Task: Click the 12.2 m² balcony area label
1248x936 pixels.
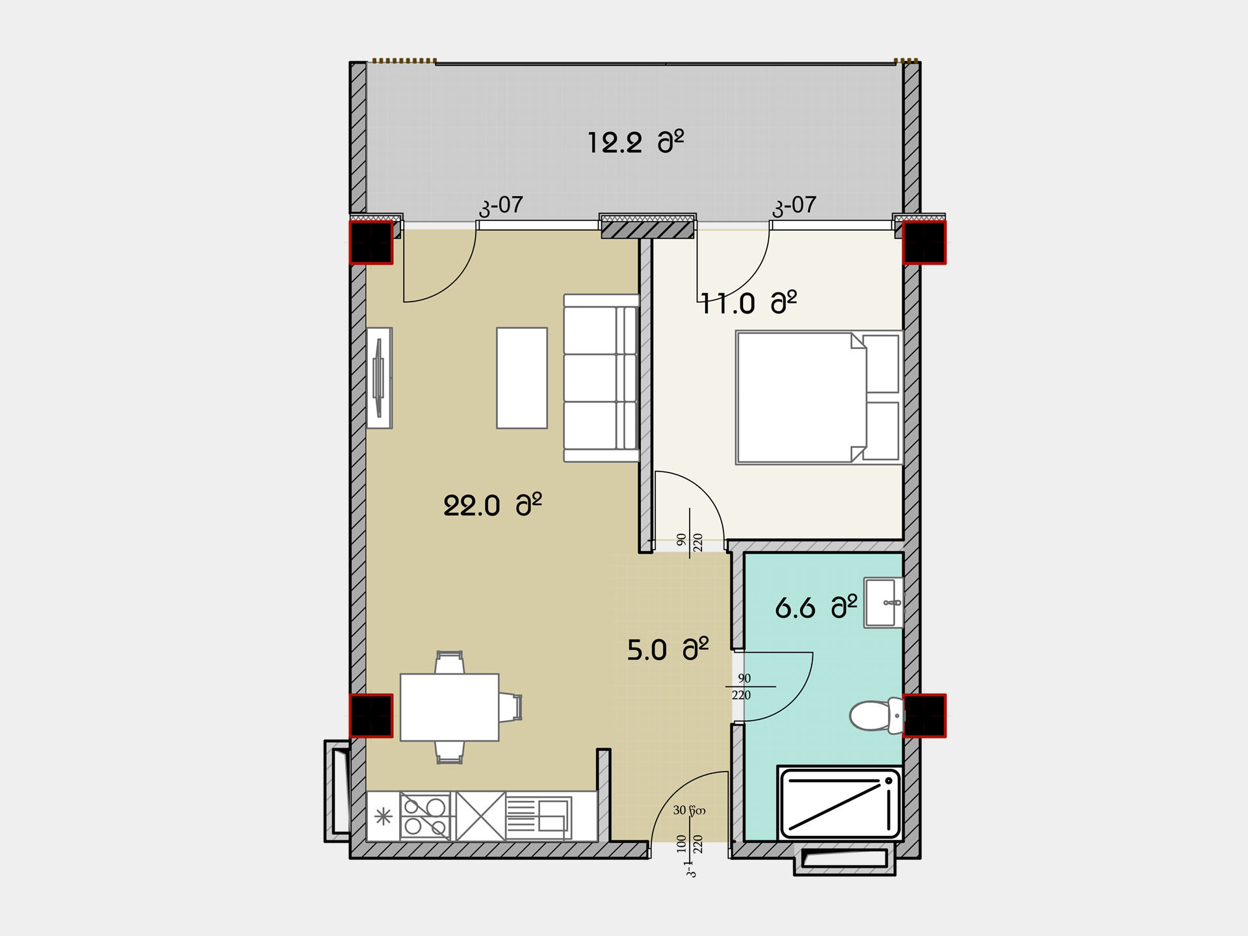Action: (x=636, y=142)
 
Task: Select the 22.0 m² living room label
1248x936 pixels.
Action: (x=492, y=505)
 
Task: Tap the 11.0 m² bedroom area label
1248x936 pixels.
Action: (x=749, y=303)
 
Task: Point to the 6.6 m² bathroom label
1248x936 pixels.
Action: (x=816, y=607)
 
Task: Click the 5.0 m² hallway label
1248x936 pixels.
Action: (x=668, y=649)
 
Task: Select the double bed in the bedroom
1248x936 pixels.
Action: (x=819, y=396)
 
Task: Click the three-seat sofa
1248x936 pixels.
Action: (x=601, y=378)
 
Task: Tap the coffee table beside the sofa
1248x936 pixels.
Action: (x=522, y=378)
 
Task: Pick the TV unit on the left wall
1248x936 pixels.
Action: (x=379, y=378)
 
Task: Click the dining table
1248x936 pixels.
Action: (x=449, y=707)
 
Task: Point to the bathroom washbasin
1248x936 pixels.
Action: (x=883, y=603)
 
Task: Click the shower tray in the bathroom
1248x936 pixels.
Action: (x=840, y=803)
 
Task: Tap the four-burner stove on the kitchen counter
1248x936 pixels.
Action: (x=425, y=816)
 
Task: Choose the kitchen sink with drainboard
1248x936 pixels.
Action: (x=539, y=816)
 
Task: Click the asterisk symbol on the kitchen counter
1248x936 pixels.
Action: (x=383, y=816)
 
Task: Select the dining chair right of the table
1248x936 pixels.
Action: (x=510, y=707)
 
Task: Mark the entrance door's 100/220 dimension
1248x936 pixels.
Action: (x=690, y=844)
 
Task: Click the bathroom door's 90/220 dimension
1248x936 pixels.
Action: (x=742, y=686)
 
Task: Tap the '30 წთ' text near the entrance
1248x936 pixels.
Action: (x=689, y=811)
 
